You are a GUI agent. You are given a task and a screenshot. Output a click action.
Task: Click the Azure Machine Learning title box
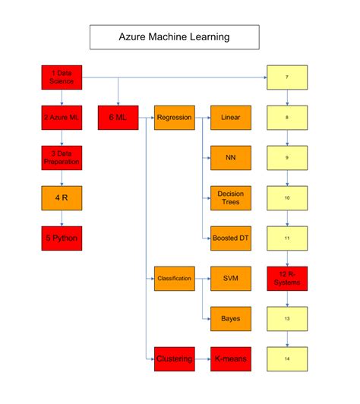click(x=174, y=36)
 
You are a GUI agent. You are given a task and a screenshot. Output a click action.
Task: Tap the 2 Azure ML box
click(x=61, y=118)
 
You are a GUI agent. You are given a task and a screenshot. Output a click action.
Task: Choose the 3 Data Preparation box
click(x=61, y=158)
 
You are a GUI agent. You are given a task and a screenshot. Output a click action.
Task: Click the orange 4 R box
click(x=61, y=198)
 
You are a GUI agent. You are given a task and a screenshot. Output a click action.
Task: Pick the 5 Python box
click(x=61, y=238)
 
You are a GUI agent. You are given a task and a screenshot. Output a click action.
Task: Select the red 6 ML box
click(x=118, y=118)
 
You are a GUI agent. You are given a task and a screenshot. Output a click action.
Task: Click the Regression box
click(x=174, y=118)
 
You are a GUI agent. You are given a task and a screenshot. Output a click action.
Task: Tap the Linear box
click(x=230, y=118)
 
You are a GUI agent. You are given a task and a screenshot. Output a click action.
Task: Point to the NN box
click(x=230, y=158)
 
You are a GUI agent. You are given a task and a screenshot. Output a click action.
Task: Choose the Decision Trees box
click(x=230, y=198)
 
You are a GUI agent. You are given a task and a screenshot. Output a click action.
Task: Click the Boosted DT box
click(x=230, y=238)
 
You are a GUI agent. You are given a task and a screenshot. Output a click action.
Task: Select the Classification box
click(x=174, y=279)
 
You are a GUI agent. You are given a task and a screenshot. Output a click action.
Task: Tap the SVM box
click(x=230, y=279)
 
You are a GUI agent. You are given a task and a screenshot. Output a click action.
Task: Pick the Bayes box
click(x=230, y=318)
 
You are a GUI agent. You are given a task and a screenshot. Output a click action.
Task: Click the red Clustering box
click(x=174, y=358)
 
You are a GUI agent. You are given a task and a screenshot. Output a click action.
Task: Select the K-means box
click(x=230, y=358)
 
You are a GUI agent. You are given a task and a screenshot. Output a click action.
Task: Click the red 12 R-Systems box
click(x=287, y=279)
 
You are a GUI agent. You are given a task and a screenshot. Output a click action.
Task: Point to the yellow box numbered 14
click(x=287, y=358)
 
